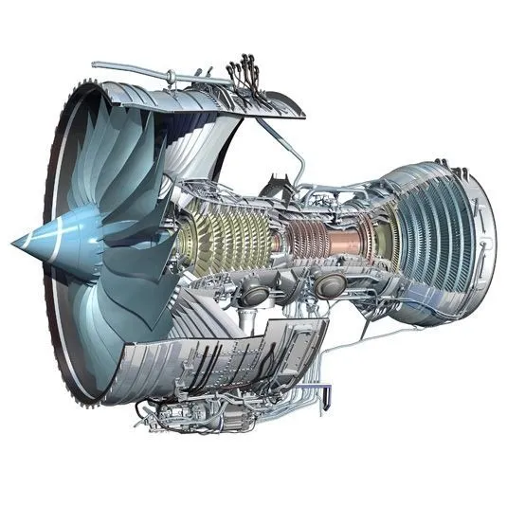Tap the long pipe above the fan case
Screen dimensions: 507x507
click(142, 71)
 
